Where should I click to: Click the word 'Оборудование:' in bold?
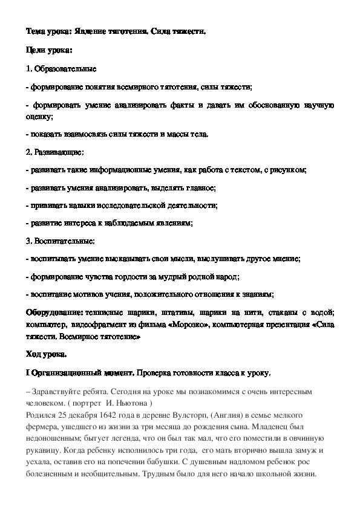54,312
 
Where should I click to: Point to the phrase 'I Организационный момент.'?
79,372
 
